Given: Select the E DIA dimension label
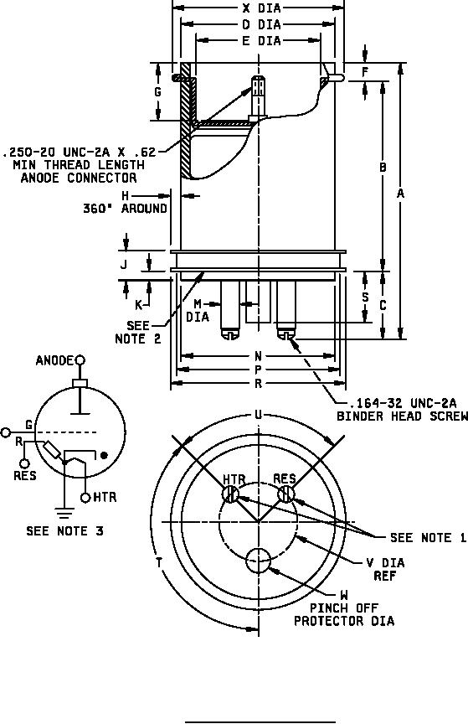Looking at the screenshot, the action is (261, 40).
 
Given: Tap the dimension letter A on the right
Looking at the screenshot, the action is (400, 194).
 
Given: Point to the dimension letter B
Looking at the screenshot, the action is (383, 167).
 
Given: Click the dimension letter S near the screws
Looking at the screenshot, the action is (365, 297).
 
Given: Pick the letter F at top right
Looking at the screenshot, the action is (365, 72).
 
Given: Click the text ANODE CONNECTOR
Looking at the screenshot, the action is (79, 178).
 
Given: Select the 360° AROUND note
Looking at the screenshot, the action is (125, 209).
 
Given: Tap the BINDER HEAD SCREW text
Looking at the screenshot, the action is (402, 416).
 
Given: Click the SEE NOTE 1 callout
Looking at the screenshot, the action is (429, 537).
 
